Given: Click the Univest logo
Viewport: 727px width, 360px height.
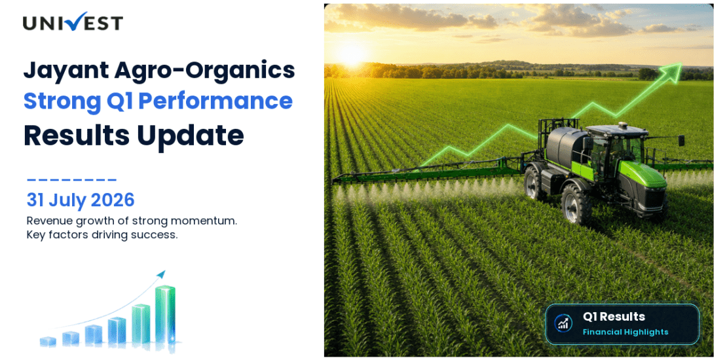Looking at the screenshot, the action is [73, 22].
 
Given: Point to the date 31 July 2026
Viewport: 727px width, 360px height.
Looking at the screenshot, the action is [81, 200].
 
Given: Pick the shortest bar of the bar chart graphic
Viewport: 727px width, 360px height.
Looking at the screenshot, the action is [48, 342].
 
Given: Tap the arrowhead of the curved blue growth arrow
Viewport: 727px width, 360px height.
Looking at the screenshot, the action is [161, 274].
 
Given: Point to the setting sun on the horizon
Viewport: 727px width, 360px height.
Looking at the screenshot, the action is [351, 54].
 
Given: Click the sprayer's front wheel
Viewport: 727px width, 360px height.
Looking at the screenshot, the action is [576, 204].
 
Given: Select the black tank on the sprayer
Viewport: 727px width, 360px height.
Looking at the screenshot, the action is [566, 144].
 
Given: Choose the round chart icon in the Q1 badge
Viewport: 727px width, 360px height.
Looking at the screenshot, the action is [563, 323].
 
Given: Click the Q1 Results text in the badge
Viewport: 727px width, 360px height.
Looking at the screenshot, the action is [614, 317].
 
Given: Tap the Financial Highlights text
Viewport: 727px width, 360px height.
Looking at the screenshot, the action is [625, 333].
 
